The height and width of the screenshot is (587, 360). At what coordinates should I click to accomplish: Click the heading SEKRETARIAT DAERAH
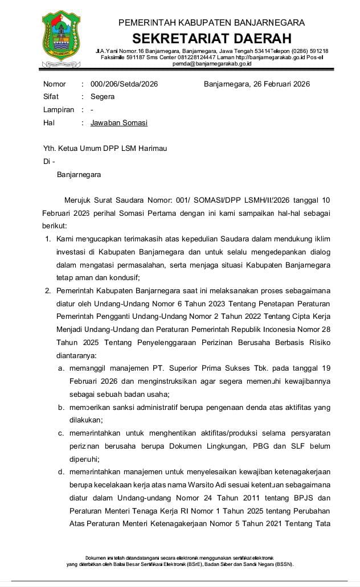point(212,39)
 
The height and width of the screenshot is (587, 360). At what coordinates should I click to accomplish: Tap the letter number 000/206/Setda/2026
point(124,84)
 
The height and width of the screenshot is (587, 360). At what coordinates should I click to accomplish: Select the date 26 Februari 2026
point(279,84)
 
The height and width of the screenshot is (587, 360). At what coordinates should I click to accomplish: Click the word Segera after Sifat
point(103,97)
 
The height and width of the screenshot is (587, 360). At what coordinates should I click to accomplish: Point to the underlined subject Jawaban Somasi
point(119,122)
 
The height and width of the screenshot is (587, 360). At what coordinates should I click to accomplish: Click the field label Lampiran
point(59,110)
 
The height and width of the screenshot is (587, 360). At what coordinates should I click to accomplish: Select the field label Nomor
point(55,84)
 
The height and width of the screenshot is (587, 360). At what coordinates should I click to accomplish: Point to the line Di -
point(49,162)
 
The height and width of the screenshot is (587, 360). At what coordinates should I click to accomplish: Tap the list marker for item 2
point(48,292)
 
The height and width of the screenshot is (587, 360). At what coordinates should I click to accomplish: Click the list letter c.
point(61,433)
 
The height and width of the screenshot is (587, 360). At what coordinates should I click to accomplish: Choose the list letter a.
point(61,369)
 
